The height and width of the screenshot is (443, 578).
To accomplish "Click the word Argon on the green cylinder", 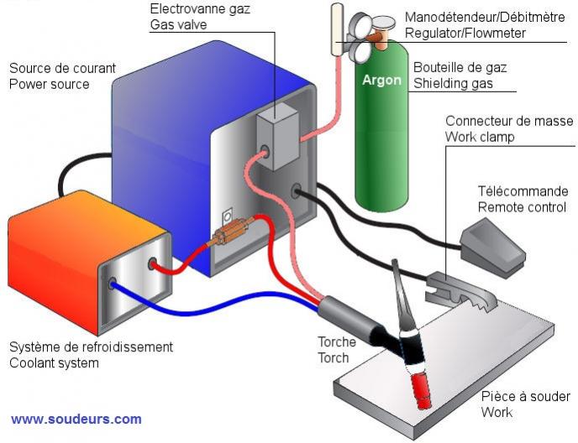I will pyautogui.click(x=381, y=81).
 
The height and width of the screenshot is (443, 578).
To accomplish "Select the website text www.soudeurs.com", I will pyautogui.click(x=76, y=419).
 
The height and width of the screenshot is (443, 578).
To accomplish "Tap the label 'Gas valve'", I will pyautogui.click(x=178, y=25).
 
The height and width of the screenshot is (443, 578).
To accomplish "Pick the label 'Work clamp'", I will pyautogui.click(x=480, y=136).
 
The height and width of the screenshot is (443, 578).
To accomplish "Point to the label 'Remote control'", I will pyautogui.click(x=522, y=206).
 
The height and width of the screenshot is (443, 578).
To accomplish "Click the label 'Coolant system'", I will pyautogui.click(x=54, y=362).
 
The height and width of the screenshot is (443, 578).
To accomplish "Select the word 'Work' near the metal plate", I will pyautogui.click(x=497, y=412).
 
